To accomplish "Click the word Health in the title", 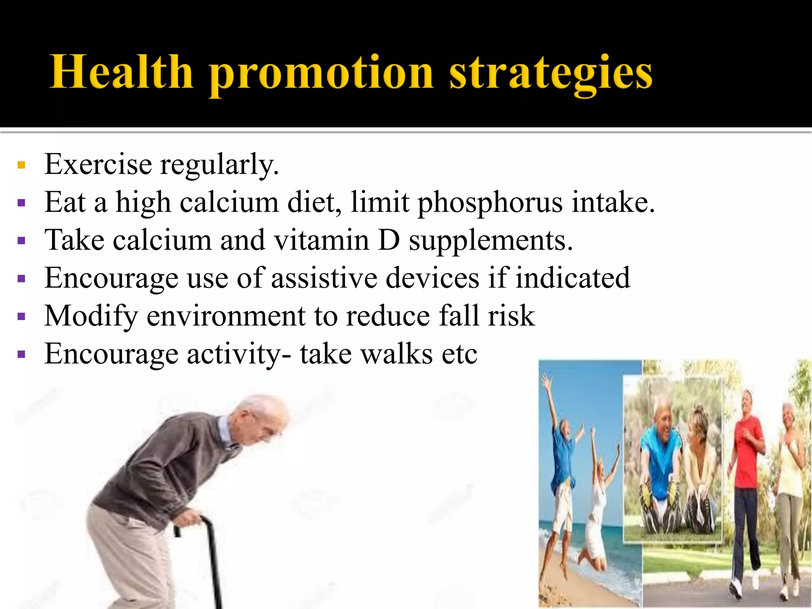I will pyautogui.click(x=121, y=72).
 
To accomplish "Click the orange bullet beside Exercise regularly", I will pyautogui.click(x=21, y=165).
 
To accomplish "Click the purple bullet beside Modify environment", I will pyautogui.click(x=21, y=316).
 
